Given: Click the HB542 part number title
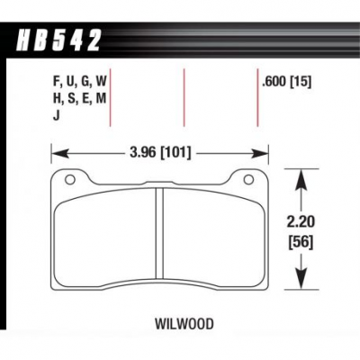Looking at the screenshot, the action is pos(58,40).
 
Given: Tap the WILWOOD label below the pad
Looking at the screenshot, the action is pos(184,324).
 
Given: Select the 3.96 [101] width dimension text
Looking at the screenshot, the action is pos(160,153).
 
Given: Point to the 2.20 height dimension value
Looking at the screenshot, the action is pos(301,222).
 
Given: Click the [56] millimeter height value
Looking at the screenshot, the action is pos(301,242).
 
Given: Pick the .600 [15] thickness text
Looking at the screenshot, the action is pos(286,82).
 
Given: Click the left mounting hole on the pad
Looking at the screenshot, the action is pos(70,179).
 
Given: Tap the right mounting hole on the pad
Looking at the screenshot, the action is pos(248,179).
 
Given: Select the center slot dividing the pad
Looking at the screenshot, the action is pos(159,233).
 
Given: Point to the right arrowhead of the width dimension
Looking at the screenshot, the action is pos(259,154).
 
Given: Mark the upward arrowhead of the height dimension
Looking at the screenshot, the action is pos(301,180).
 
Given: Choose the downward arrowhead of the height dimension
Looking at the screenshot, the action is pos(301,279).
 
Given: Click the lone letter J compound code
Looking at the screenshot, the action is pos(56,115).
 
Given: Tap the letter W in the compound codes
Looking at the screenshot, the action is pos(101,82).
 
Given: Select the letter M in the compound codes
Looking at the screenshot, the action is pos(101,98).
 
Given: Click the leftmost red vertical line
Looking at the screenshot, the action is pos(110,97).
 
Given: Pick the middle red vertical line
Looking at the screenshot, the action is pos(184,97).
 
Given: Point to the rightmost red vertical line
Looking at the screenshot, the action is pos(257,97).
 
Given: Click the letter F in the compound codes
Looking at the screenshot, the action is pos(57,82).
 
